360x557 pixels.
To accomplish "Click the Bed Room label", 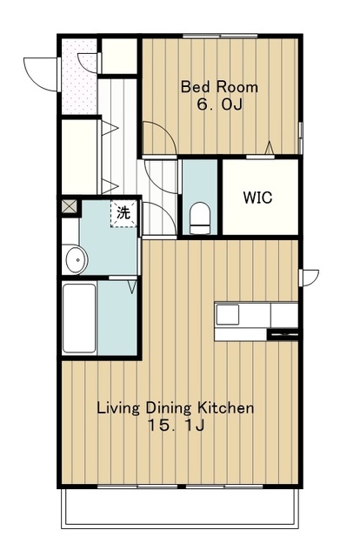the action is pos(219,87).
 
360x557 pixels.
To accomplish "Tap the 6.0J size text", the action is pos(220,104).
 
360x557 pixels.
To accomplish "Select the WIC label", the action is pos(257,198).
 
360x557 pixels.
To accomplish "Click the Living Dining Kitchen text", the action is pos(176,408).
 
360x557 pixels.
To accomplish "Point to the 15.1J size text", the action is pos(176,426).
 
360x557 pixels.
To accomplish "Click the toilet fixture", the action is pos(199,218).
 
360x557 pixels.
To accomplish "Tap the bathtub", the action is pos(79,319).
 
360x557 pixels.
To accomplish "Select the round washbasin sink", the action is pos(77,259).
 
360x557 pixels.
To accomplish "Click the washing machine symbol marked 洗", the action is pos(123,213).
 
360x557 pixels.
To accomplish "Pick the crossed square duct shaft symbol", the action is pos(70,206).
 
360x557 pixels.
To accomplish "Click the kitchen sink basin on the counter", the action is pos(228,314).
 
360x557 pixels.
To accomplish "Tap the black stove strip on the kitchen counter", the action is pos(283,334).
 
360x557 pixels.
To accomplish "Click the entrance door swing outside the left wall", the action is pos(40,74).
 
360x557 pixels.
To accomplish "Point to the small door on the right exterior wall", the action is pos(308,278).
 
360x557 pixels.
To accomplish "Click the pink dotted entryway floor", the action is pos(79,77).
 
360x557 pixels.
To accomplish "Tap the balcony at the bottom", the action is pos(180,508).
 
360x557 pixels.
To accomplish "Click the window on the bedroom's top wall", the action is pos(220,36).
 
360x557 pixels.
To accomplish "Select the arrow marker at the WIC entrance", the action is pos(270,148).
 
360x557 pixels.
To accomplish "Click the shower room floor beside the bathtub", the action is pos(117,319).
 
